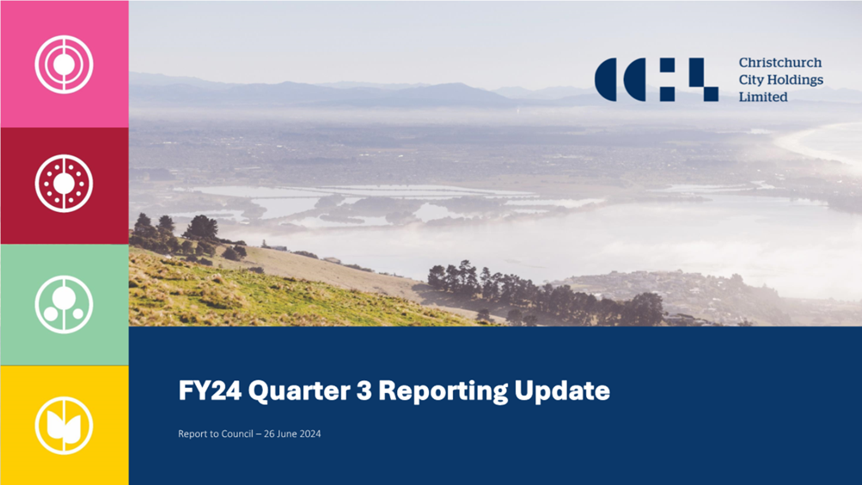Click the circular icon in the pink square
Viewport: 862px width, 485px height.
[x=64, y=64]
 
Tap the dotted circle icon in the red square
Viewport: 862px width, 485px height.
[x=64, y=183]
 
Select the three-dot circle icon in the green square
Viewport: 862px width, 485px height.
[x=64, y=304]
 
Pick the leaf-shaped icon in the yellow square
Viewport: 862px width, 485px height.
[x=64, y=425]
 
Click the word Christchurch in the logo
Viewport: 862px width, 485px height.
[x=780, y=63]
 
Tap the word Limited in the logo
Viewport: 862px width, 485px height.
[x=763, y=97]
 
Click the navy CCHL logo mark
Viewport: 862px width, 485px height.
[x=657, y=80]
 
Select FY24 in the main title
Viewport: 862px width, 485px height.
[x=210, y=391]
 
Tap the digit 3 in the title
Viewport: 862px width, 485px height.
[x=364, y=391]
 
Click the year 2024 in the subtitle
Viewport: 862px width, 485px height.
[x=311, y=433]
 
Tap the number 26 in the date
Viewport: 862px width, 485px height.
[x=269, y=433]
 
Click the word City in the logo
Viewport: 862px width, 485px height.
[x=751, y=80]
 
